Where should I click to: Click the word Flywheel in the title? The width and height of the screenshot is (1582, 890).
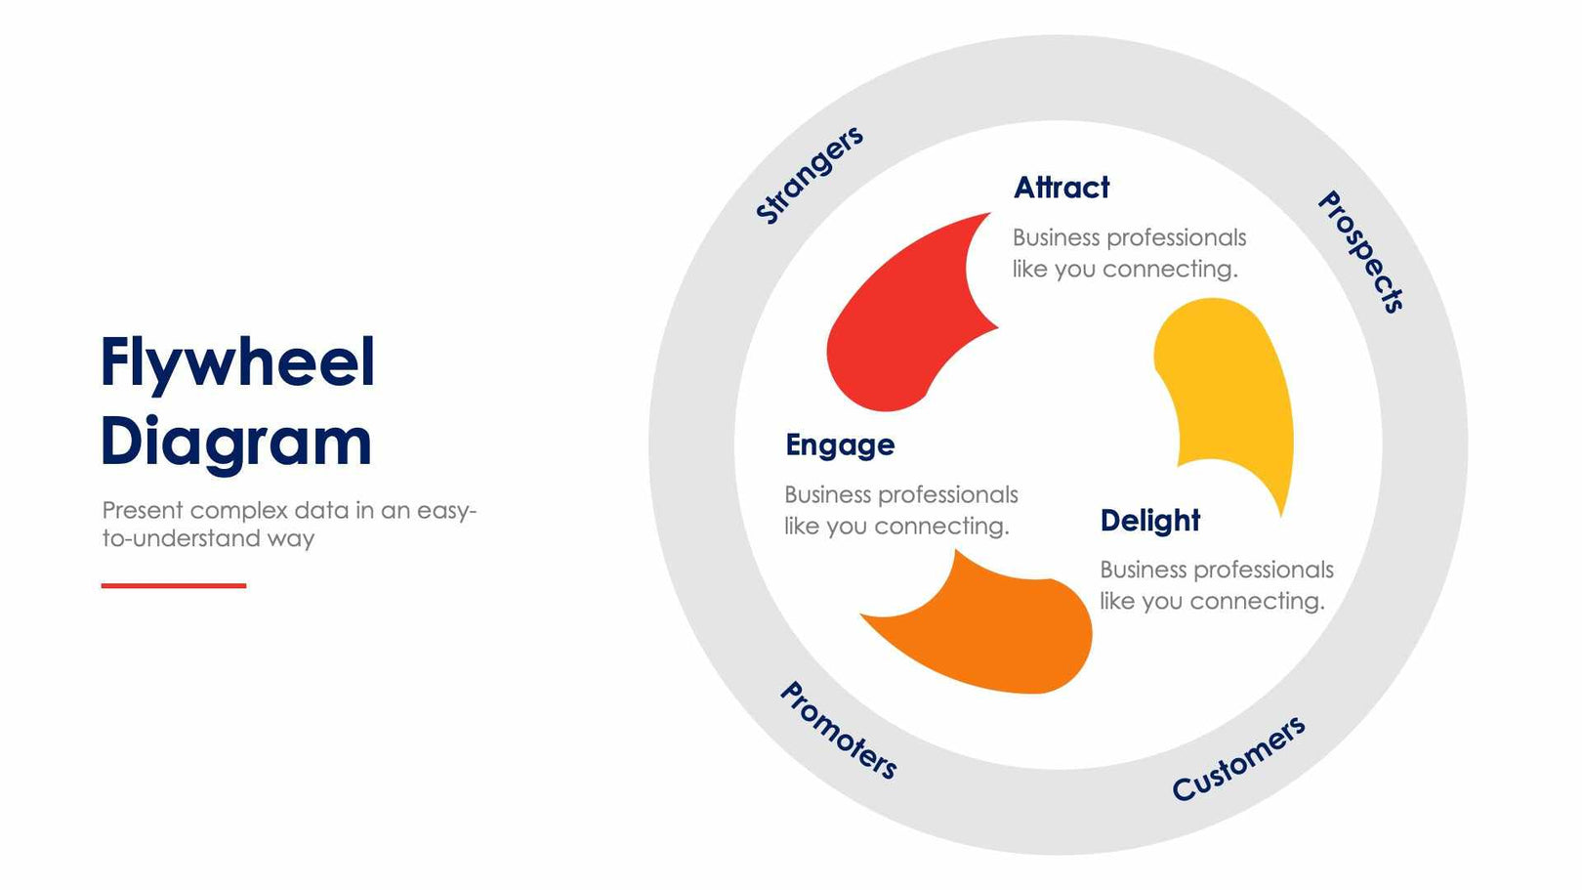[x=237, y=363]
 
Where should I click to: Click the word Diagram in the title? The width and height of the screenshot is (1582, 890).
[x=235, y=442]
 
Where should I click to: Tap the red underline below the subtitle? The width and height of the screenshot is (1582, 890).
[x=174, y=585]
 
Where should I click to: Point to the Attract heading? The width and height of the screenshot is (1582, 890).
[x=1062, y=188]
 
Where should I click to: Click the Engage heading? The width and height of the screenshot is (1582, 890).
[x=840, y=445]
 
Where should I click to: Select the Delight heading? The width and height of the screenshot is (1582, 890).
[x=1149, y=521]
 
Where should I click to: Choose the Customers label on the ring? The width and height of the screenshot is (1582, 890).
[x=1238, y=758]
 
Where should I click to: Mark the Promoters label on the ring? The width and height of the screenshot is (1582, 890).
[x=838, y=731]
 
